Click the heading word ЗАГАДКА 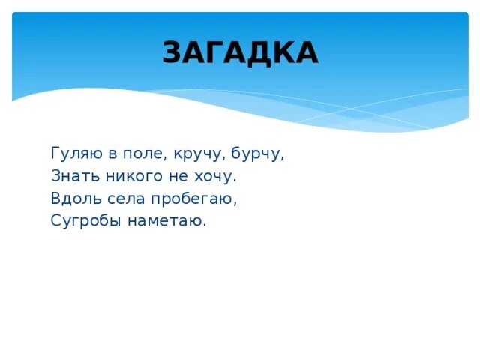point(240,52)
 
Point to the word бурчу point(258,154)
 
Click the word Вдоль point(71,199)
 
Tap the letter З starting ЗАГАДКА point(172,52)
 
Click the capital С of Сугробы point(55,221)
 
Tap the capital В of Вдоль point(55,199)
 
